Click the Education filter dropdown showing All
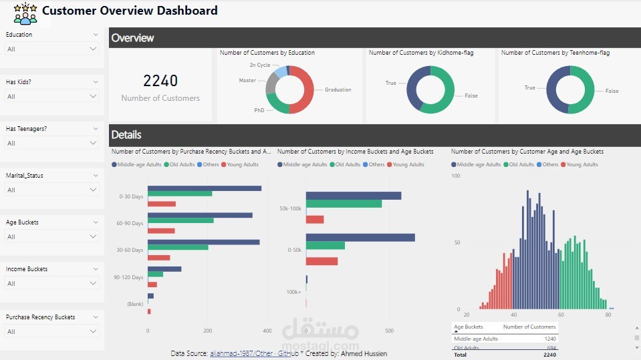[x=51, y=49]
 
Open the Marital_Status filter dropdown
[x=51, y=190]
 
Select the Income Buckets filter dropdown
[x=51, y=284]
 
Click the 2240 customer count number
[x=160, y=81]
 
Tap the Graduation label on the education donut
[x=338, y=89]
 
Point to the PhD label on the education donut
[x=259, y=110]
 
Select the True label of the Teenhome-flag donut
[x=530, y=87]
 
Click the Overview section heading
[x=132, y=38]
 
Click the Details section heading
[x=126, y=135]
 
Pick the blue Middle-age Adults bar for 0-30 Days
[x=204, y=188]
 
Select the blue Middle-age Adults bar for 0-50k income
[x=360, y=237]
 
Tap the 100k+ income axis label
[x=293, y=292]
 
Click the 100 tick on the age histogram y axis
[x=456, y=176]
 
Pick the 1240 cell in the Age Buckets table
[x=549, y=339]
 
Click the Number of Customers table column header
[x=529, y=327]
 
